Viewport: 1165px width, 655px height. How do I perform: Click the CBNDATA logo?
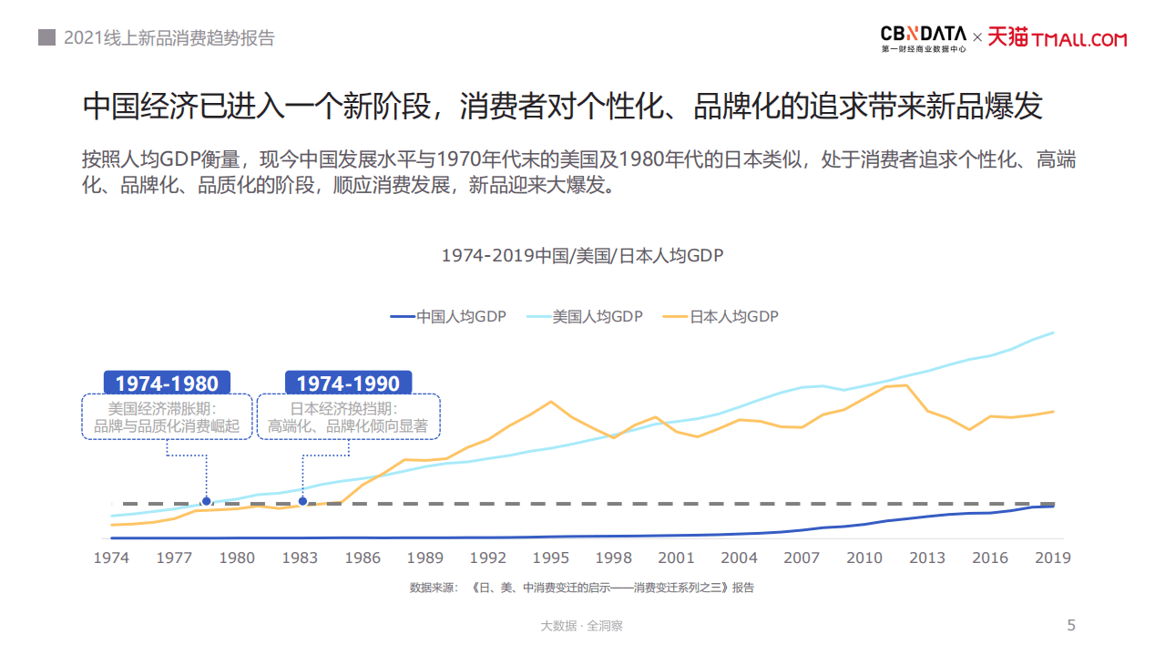click(923, 37)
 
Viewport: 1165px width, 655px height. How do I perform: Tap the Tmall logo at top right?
click(1058, 38)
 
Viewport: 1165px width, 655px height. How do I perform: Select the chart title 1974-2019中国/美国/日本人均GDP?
click(582, 256)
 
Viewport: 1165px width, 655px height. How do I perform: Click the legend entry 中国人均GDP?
click(448, 317)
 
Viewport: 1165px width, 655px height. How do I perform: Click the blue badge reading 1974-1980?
click(167, 383)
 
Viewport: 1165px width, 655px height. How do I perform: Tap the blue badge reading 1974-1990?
click(348, 383)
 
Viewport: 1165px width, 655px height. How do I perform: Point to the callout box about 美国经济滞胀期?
click(167, 417)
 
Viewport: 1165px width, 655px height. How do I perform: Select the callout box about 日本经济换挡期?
click(348, 417)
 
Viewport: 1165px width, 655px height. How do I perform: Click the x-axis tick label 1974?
click(111, 558)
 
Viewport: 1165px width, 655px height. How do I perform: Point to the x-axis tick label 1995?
click(551, 558)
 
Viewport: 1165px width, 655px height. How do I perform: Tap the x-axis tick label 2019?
click(1053, 558)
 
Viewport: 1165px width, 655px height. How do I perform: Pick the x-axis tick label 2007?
click(802, 558)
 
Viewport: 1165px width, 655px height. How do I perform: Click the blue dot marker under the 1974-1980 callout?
click(207, 501)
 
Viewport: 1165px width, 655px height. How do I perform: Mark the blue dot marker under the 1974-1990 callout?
click(302, 501)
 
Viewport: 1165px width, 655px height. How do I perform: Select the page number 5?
click(1071, 625)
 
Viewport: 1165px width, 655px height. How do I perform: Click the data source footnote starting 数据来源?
click(582, 588)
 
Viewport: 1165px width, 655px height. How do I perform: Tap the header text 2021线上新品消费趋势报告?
click(169, 38)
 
